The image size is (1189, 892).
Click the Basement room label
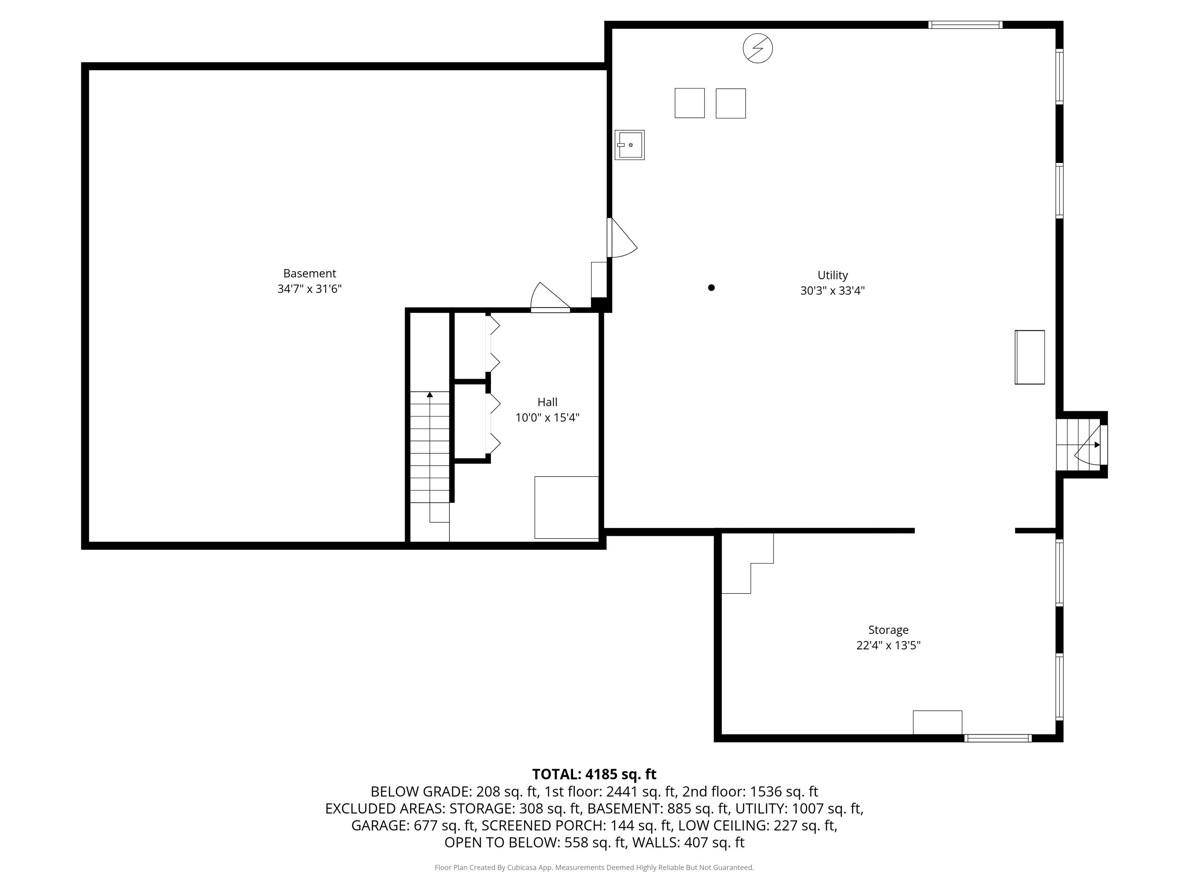(x=310, y=273)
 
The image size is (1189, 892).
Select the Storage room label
(x=888, y=630)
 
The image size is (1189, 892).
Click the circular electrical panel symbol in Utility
(x=757, y=48)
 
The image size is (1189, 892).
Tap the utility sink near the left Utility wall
(x=629, y=145)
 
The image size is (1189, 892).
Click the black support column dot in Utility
(x=711, y=288)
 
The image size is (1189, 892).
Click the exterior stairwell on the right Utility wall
(x=1081, y=445)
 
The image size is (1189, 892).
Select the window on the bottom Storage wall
(x=998, y=738)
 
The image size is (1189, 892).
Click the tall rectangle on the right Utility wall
(x=1029, y=357)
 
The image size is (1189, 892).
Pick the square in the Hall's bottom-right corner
(x=566, y=507)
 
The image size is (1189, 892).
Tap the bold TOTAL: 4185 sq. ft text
(x=594, y=774)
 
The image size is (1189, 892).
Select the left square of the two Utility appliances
(x=690, y=103)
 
